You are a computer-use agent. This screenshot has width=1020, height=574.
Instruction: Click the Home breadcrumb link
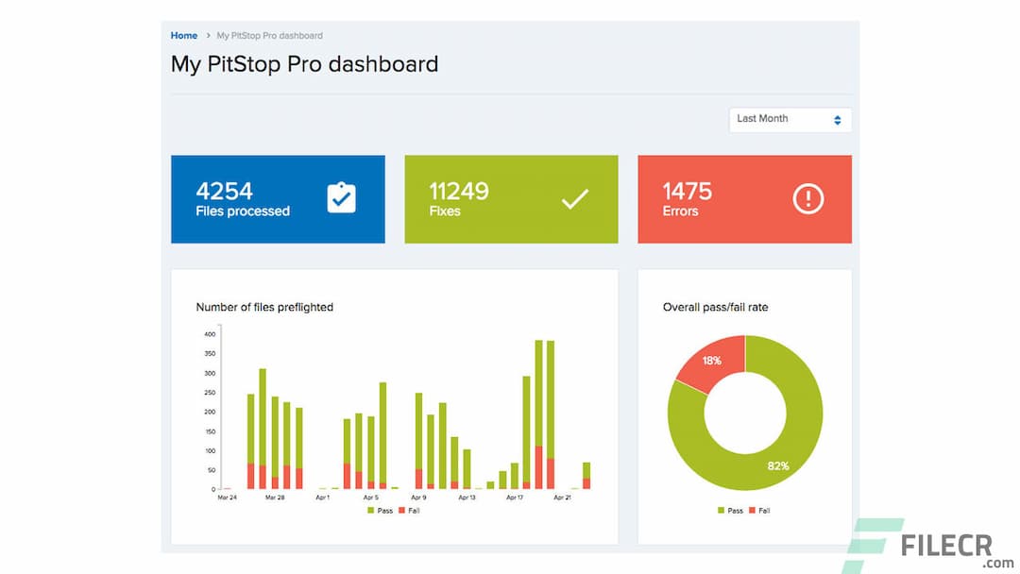(x=184, y=36)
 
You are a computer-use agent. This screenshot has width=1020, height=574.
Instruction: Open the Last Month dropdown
(x=790, y=120)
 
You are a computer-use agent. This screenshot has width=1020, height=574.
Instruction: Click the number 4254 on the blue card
(x=224, y=191)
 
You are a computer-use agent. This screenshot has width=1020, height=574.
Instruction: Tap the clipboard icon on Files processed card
(x=341, y=198)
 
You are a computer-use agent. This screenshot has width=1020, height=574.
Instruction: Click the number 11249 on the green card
(x=458, y=191)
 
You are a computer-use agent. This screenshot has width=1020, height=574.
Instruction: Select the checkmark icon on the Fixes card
(x=574, y=198)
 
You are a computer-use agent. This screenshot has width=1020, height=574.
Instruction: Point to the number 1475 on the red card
(x=687, y=191)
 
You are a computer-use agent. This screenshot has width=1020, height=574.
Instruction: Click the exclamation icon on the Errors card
(x=807, y=198)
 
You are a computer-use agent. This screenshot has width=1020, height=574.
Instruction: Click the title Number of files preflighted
(x=264, y=307)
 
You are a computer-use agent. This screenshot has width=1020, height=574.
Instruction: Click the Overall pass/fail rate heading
(x=715, y=307)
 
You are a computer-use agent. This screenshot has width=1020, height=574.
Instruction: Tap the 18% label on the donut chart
(x=711, y=361)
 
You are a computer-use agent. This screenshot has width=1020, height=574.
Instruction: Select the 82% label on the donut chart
(x=777, y=465)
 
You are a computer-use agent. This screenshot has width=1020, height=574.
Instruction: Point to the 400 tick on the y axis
(x=210, y=334)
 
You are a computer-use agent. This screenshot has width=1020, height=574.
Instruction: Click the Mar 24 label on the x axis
(x=227, y=498)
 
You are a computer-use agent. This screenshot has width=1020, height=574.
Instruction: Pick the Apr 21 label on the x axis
(x=562, y=498)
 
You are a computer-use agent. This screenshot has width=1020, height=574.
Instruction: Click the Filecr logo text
(x=954, y=546)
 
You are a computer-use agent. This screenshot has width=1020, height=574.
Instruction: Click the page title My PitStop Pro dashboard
(x=304, y=64)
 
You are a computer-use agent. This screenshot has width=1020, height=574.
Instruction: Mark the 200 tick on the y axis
(x=210, y=413)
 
